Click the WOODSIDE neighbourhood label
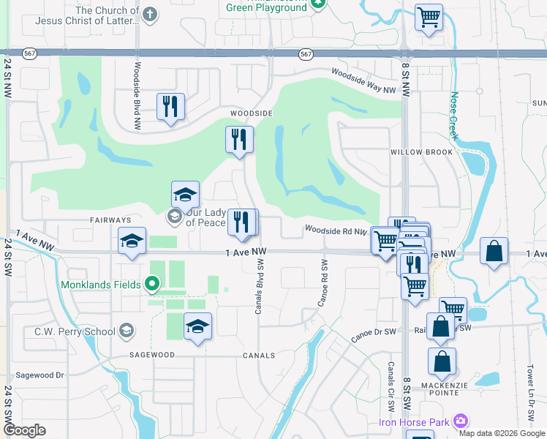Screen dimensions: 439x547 [x=252, y=114]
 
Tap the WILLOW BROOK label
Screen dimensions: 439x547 [x=422, y=152]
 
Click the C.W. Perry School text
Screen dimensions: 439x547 [x=75, y=331]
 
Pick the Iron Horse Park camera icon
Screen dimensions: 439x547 [x=460, y=421]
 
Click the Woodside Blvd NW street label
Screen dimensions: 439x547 [x=137, y=96]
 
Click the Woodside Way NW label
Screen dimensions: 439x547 [x=363, y=80]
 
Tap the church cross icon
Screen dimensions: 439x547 [x=149, y=15]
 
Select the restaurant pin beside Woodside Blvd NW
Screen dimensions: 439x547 [x=170, y=107]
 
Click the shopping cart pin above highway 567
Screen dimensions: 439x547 [x=428, y=17]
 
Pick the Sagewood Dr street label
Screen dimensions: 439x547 [x=39, y=375]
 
